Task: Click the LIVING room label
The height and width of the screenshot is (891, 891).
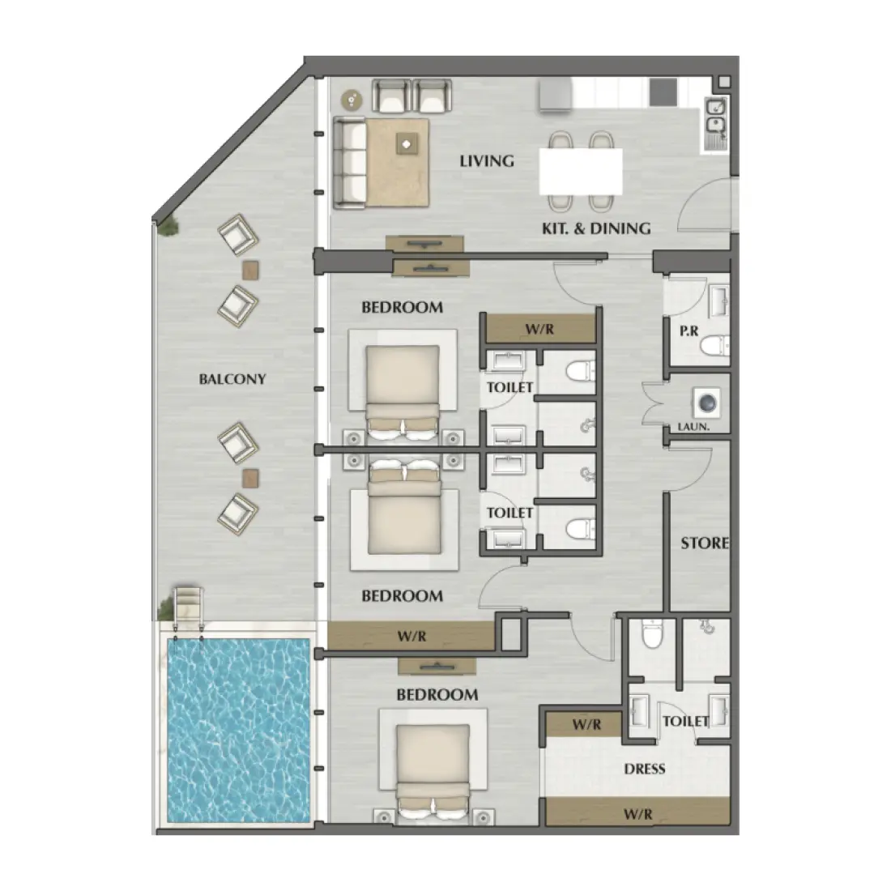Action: click(x=487, y=160)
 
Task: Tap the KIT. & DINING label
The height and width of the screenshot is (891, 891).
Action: click(x=596, y=228)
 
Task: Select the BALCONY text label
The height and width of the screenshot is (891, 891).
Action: click(x=232, y=378)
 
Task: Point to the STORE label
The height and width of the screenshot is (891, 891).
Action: click(x=704, y=543)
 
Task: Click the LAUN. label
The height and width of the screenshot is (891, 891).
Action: click(x=693, y=428)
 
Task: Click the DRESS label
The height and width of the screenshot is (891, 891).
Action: click(x=645, y=768)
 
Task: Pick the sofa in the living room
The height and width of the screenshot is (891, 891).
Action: click(x=350, y=163)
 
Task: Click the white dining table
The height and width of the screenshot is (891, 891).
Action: click(x=582, y=171)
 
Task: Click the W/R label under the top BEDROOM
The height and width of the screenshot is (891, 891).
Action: click(x=538, y=330)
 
